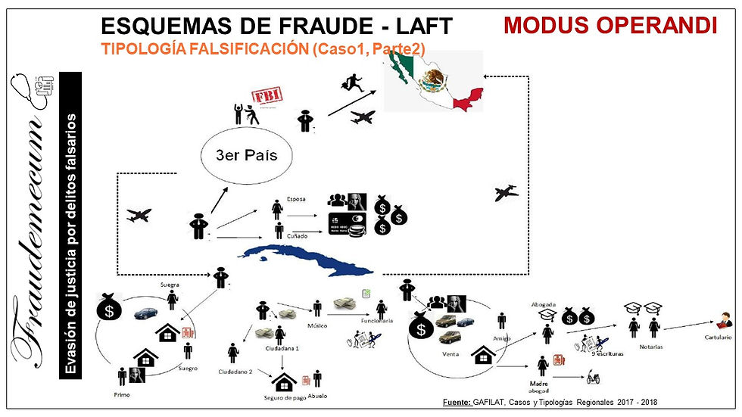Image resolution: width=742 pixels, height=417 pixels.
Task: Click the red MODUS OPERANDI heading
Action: pos(610,25)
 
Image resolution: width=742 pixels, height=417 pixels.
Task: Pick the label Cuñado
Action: pos(298,236)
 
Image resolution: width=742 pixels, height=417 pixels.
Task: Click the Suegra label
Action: pos(169,285)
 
